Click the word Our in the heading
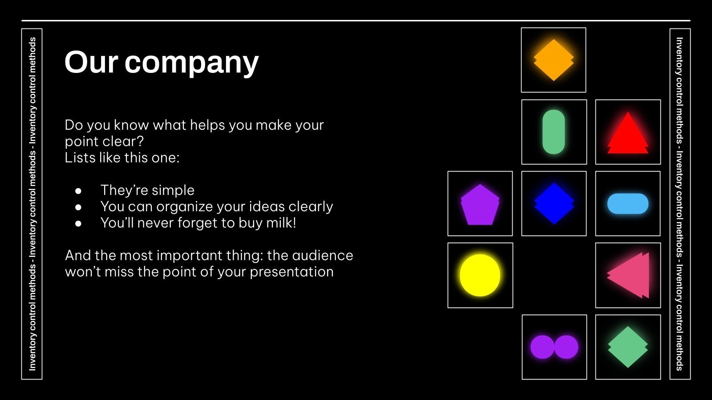(90, 62)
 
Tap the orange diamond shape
(554, 60)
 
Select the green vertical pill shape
(554, 132)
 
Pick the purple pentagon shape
(480, 204)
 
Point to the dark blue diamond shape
(554, 204)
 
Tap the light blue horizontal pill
(627, 204)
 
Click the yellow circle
(480, 275)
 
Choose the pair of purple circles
(554, 347)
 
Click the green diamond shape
(627, 347)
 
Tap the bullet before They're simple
(79, 191)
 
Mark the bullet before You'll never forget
(79, 224)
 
